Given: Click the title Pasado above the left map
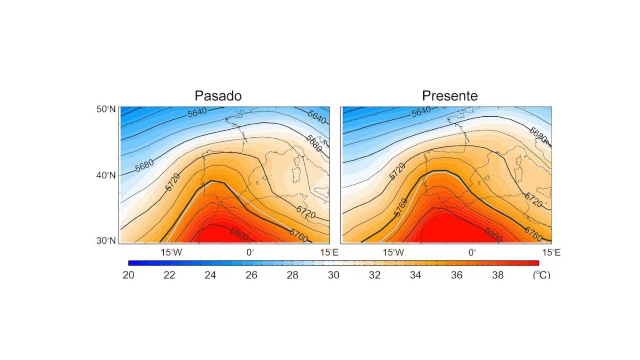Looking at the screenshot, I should (x=218, y=96).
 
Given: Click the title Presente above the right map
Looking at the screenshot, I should (x=450, y=96).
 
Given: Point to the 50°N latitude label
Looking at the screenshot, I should (x=106, y=109).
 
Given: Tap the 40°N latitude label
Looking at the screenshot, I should (x=106, y=175).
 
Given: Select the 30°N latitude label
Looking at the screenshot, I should (x=106, y=240).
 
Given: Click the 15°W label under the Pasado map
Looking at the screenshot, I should (x=171, y=252).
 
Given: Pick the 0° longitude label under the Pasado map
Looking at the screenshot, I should (x=250, y=252).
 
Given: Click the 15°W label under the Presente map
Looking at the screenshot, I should (x=393, y=252).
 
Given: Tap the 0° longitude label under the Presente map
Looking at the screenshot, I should (x=472, y=252).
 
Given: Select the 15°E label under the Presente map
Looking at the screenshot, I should (x=551, y=252).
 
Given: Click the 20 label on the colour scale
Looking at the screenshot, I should (x=128, y=275).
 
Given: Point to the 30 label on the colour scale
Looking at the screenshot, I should (x=334, y=275).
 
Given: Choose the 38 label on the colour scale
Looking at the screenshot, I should (x=498, y=275).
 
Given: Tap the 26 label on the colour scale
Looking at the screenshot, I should (x=251, y=275).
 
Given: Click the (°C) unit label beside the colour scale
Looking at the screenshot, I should (x=541, y=275).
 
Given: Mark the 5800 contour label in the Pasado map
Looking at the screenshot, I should (x=239, y=234).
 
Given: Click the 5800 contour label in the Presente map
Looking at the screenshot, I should (x=493, y=235).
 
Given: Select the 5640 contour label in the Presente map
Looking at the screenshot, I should (x=421, y=112).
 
